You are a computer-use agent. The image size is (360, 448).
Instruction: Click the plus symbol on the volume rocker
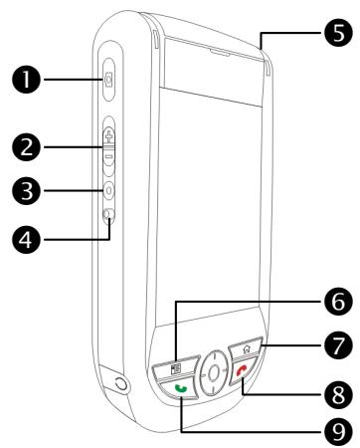tap(108, 133)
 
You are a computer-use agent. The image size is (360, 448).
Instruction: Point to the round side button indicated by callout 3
tap(108, 188)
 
